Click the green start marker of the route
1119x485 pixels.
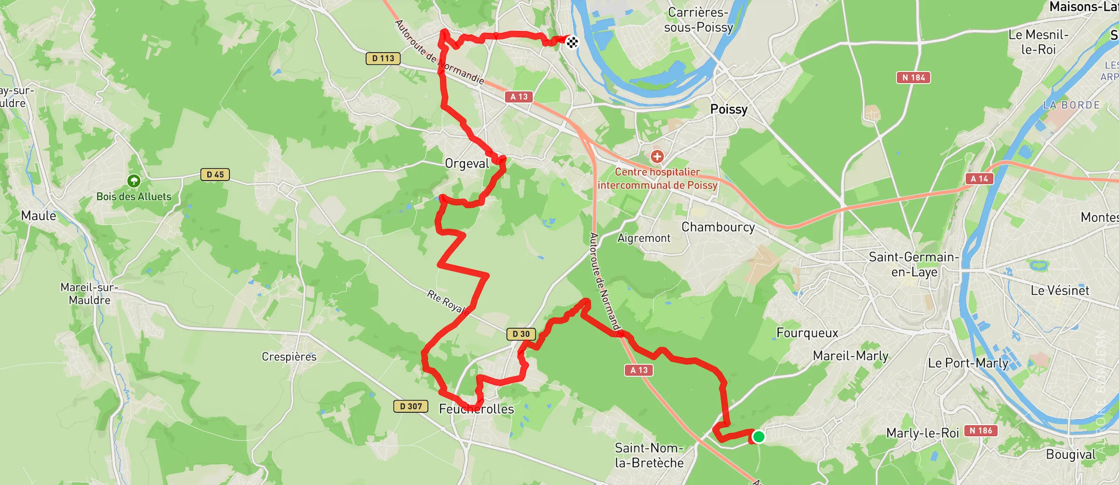point(759,436)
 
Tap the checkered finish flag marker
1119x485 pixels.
point(572,42)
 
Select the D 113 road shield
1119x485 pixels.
point(383,58)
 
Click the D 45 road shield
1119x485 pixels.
point(215,174)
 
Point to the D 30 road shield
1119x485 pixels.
point(521,334)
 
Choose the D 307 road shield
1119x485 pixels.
point(411,406)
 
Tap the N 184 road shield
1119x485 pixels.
point(913,77)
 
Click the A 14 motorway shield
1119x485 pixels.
point(979,179)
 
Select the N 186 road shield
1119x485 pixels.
point(981,430)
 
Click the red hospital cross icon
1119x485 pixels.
point(657,156)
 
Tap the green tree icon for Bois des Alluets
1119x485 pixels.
point(134,180)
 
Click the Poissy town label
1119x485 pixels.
point(729,109)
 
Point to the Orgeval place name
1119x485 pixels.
point(467,164)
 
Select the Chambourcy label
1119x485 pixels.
point(718,227)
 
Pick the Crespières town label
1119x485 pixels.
point(289,357)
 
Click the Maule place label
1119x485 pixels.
point(39,216)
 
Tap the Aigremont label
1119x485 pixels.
point(644,238)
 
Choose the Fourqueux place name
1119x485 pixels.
point(807,333)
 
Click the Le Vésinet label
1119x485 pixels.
point(1060,291)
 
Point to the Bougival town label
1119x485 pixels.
point(1071,454)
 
